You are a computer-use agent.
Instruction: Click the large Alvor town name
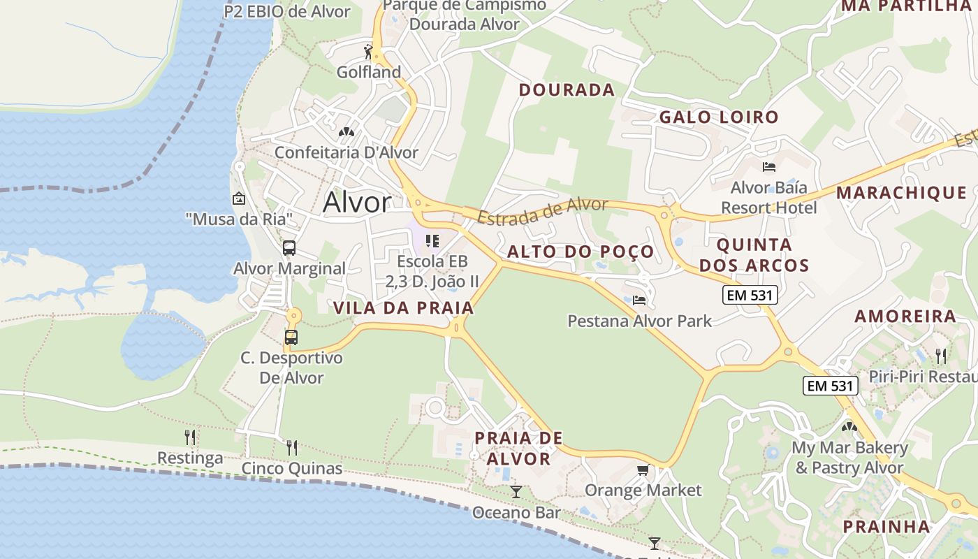(357, 203)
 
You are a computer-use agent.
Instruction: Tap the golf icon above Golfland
(369, 51)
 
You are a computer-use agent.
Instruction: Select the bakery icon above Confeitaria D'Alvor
(346, 131)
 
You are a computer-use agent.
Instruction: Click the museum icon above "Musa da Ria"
(239, 198)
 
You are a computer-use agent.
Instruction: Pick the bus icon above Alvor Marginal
(289, 247)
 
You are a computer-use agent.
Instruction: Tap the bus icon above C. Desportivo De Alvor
(291, 337)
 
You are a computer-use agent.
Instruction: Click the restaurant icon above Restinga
(190, 437)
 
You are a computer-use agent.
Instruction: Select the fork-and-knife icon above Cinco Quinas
(292, 447)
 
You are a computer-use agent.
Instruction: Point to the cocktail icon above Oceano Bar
(516, 492)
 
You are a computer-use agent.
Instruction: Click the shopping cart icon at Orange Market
(643, 470)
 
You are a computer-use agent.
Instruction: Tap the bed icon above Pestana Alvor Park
(639, 300)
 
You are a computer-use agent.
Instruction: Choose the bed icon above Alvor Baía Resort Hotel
(769, 167)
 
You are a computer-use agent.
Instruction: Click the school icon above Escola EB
(432, 241)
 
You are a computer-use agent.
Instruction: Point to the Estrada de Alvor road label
(543, 210)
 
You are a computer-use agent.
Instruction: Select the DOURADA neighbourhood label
(567, 89)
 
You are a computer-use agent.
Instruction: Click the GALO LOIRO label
(719, 117)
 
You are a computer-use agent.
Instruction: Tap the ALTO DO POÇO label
(581, 252)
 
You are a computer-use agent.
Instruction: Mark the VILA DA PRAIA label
(403, 307)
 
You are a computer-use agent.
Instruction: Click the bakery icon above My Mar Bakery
(849, 426)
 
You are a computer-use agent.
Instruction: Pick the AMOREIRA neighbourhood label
(905, 316)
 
